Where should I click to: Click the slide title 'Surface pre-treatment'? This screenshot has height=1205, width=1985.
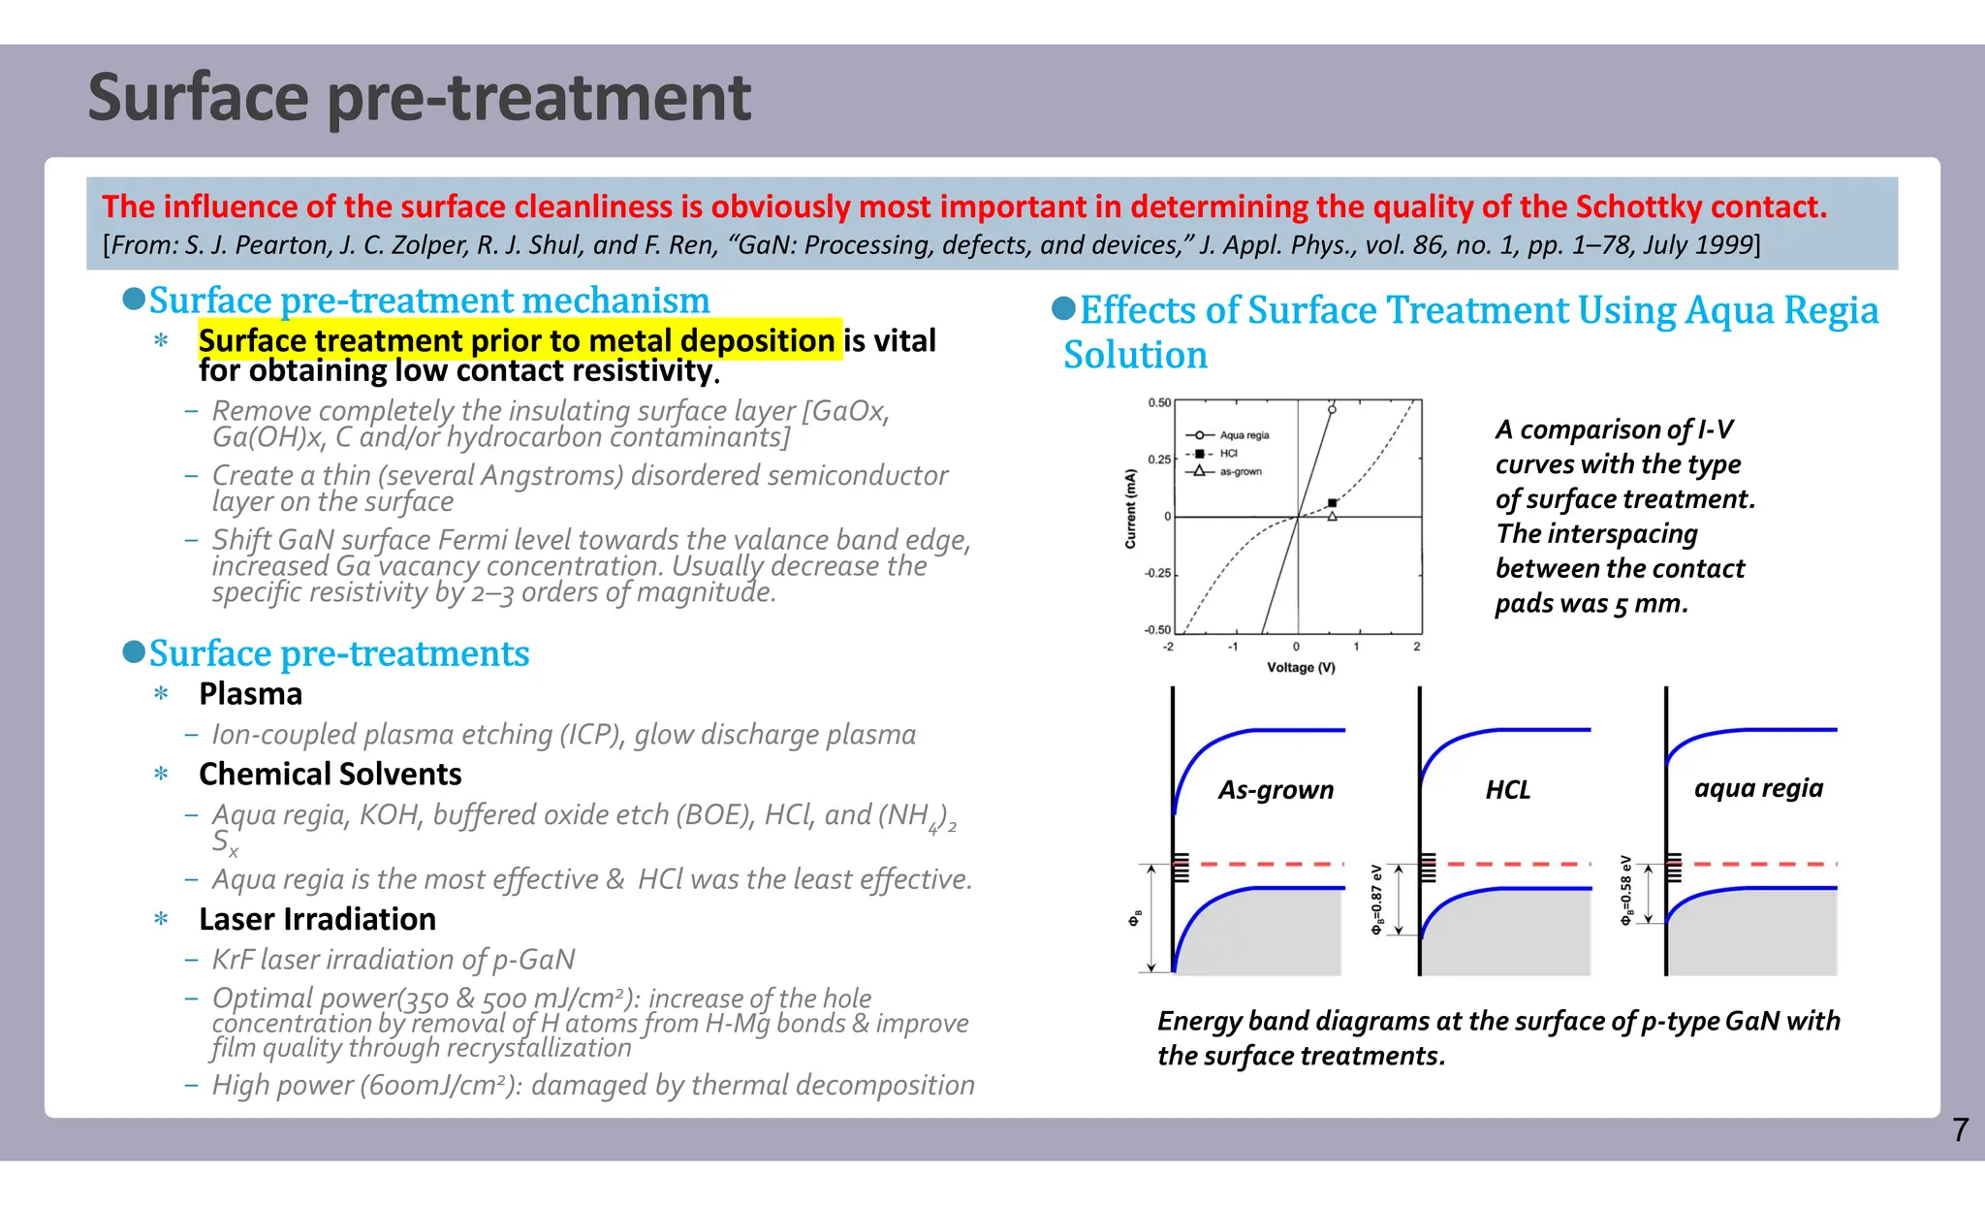(419, 98)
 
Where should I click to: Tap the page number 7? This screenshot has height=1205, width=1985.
(1960, 1129)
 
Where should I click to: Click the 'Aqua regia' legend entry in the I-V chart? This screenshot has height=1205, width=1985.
(1244, 435)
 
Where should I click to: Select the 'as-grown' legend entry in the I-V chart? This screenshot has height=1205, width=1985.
(1241, 471)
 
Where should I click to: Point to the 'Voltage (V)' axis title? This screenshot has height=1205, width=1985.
(1301, 667)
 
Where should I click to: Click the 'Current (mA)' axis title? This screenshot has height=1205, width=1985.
(1130, 509)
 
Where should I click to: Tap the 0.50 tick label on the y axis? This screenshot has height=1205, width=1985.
(1159, 402)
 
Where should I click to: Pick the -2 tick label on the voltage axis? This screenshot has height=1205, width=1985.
(1168, 647)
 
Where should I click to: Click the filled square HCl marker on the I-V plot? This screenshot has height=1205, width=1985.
(1333, 503)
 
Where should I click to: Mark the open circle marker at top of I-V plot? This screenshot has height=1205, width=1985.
(1332, 410)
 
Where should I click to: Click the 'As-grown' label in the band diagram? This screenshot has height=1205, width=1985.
(1276, 790)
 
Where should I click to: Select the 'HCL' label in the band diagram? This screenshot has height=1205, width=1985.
(1507, 790)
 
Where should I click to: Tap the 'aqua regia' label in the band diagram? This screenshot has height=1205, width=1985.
(1758, 788)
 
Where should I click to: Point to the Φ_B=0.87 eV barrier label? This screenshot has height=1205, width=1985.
(1376, 901)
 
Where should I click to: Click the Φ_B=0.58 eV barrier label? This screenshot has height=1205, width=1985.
(1626, 891)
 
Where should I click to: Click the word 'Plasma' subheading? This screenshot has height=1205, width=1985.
(250, 694)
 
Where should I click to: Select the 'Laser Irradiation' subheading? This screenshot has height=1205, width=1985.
(317, 919)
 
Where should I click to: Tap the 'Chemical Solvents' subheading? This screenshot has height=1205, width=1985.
(330, 774)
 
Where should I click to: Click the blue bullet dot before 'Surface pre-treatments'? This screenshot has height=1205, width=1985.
(134, 651)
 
